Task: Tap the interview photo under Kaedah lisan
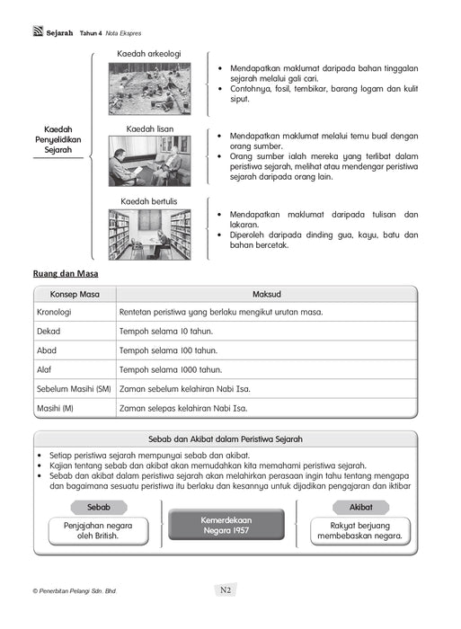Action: coord(149,162)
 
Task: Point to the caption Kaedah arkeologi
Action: coord(149,54)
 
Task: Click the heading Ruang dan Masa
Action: coord(66,273)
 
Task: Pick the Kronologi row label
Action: coord(54,313)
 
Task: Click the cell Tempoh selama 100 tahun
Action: coord(168,350)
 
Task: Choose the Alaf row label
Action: coord(46,369)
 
